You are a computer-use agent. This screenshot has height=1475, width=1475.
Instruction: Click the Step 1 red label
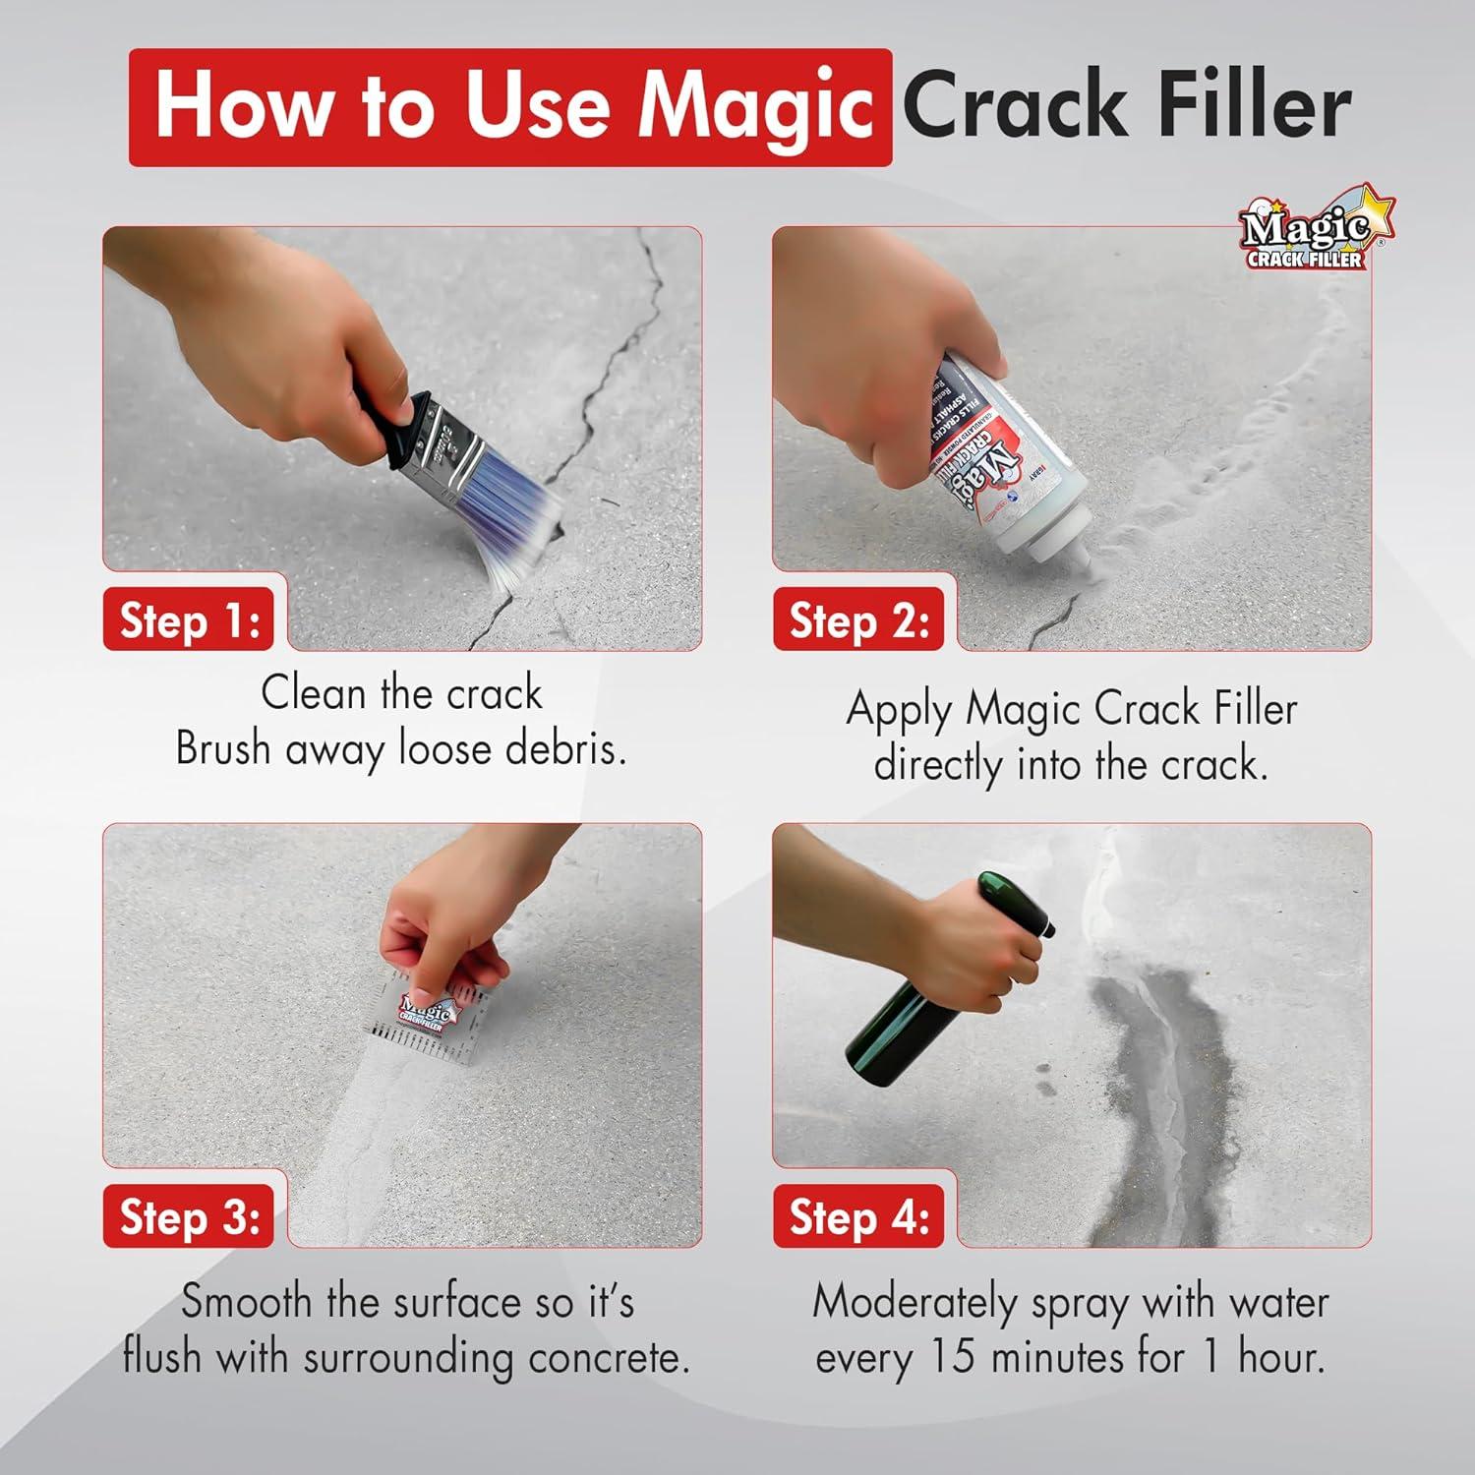189,621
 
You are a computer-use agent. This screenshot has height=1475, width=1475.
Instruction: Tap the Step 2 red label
858,621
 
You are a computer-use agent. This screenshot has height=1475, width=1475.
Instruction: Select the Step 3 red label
189,1217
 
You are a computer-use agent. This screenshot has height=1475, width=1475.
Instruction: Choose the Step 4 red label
858,1217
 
